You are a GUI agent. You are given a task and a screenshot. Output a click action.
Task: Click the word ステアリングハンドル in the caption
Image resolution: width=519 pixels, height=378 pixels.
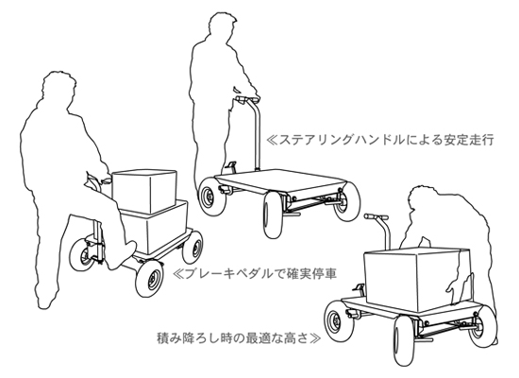point(343,139)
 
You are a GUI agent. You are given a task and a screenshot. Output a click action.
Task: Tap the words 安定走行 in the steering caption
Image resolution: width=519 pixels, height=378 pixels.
point(468,139)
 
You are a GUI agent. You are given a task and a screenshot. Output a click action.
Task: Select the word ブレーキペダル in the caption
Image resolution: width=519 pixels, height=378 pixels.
point(228,274)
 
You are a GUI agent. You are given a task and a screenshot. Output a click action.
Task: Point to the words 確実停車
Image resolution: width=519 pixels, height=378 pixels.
point(310,274)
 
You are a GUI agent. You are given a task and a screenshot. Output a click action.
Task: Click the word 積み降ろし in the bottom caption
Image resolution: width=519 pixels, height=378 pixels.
point(188,338)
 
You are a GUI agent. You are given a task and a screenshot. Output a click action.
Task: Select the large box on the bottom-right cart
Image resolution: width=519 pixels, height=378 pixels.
point(417,279)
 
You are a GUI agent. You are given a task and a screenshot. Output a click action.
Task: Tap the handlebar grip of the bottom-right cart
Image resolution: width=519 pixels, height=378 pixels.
point(376,216)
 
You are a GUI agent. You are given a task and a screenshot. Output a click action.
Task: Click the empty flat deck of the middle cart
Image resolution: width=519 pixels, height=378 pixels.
point(281,180)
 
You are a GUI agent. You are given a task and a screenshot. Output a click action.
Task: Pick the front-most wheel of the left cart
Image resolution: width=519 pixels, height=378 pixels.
point(150,278)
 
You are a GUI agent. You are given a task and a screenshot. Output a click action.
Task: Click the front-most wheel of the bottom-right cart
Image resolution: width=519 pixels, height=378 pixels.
point(405,340)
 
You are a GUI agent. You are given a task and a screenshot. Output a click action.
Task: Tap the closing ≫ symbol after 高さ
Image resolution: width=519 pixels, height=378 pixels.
point(314,338)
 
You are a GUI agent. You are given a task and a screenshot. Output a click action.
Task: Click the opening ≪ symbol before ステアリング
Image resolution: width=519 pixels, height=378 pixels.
point(272,139)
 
